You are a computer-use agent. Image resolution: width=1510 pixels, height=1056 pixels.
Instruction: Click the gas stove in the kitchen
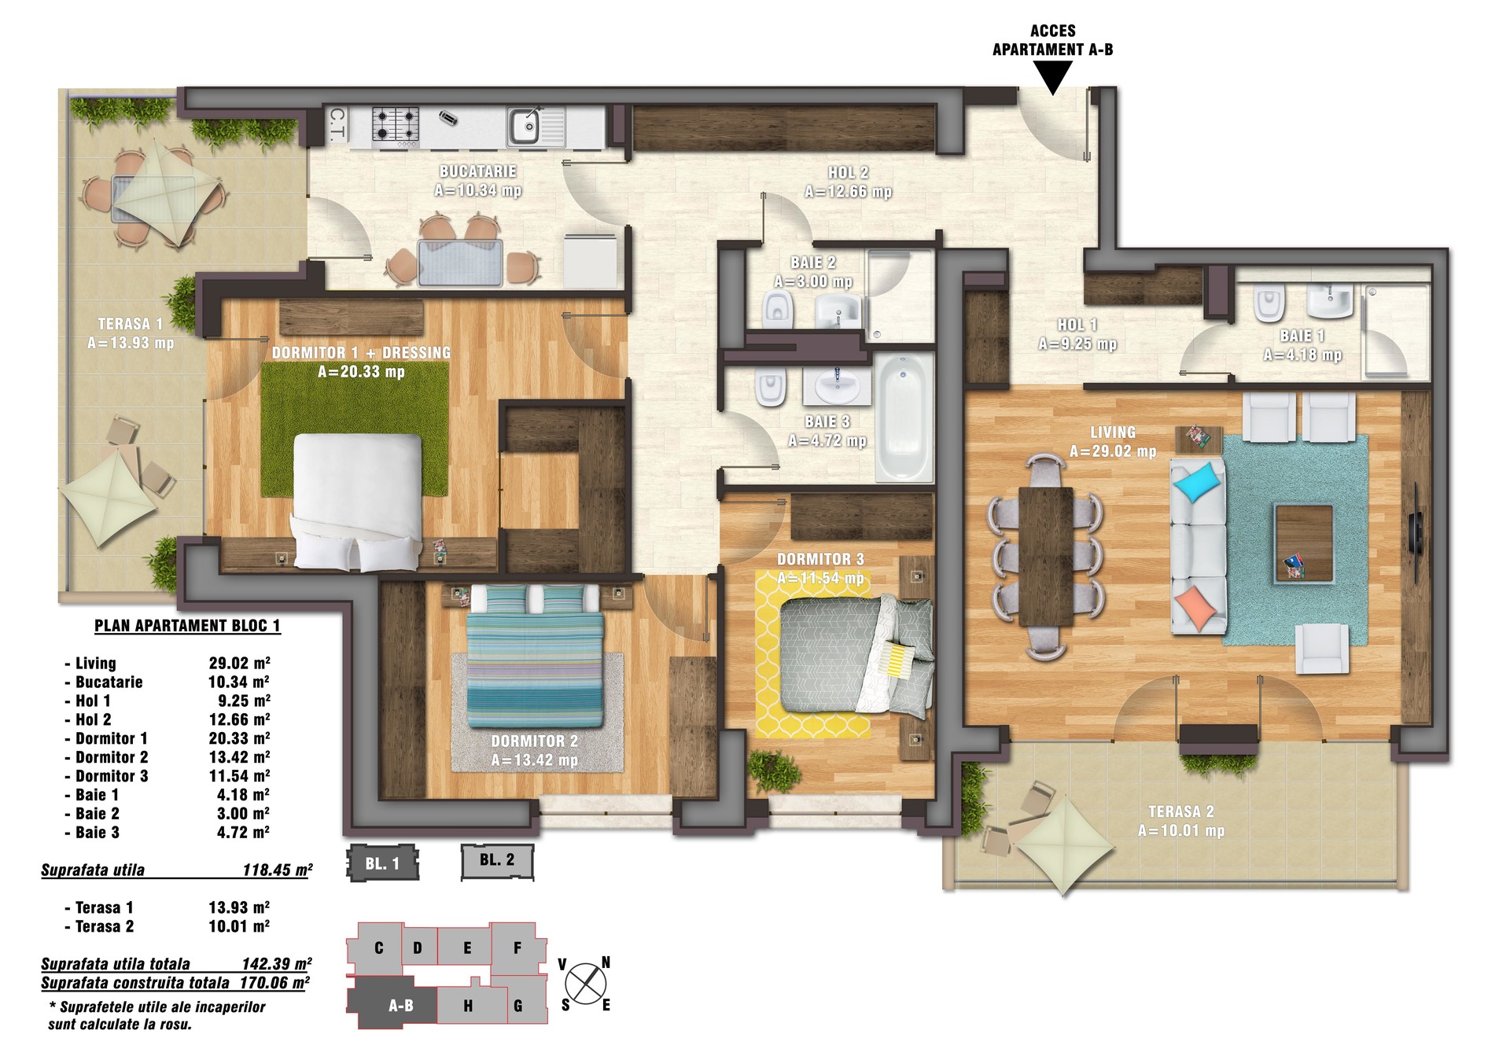395,125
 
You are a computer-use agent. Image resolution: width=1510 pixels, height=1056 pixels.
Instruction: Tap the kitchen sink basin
524,126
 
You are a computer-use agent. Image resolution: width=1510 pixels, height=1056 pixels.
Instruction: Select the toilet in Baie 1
1269,303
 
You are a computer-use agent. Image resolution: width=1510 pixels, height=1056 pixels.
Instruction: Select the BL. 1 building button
382,863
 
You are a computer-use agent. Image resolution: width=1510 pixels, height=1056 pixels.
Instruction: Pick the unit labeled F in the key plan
517,948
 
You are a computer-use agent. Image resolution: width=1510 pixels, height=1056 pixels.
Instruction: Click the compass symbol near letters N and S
586,984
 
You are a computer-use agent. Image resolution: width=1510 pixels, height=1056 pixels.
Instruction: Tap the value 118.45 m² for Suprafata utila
278,870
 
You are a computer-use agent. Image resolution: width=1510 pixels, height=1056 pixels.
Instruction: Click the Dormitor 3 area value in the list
239,776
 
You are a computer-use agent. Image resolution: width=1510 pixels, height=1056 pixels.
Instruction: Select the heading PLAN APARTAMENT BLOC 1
187,626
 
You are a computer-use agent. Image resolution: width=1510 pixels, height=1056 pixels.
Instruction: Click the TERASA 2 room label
1180,811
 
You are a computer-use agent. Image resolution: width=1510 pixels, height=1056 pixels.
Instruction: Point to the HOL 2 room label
848,172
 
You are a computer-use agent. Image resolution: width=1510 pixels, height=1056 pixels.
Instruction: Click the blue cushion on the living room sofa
1197,481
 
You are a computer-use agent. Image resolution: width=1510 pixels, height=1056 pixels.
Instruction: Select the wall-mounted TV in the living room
1415,535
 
